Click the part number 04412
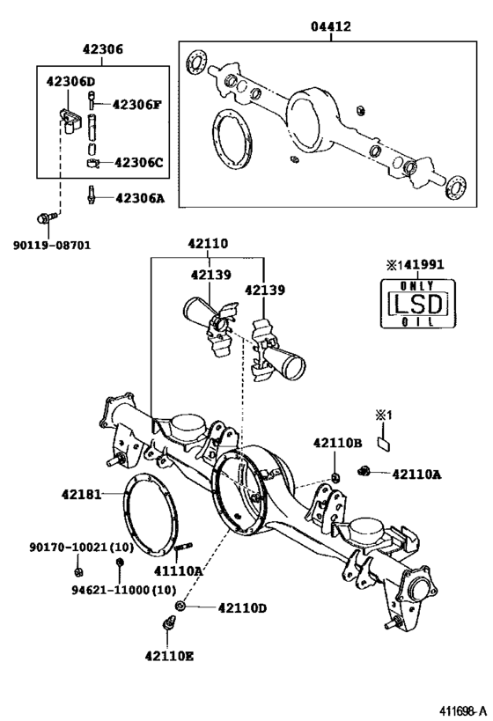330,27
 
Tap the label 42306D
70,82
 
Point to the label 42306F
136,105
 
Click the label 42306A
139,198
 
